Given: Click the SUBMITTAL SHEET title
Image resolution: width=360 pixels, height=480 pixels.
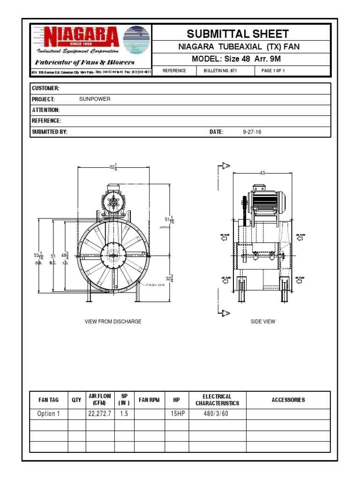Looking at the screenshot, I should [x=238, y=34].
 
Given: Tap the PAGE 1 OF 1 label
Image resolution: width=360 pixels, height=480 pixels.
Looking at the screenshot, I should [x=273, y=71].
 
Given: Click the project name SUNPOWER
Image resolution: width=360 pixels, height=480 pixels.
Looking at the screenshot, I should [x=95, y=99].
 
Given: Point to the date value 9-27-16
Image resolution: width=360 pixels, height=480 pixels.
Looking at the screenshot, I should [x=252, y=132].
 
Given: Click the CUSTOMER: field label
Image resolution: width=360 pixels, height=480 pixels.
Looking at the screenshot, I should [x=45, y=89].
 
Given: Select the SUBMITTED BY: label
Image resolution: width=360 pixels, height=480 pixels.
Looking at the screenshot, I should [x=50, y=132].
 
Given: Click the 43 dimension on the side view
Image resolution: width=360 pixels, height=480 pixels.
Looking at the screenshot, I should [x=262, y=173].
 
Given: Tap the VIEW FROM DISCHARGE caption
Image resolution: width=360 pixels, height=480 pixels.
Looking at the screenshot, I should [x=113, y=322].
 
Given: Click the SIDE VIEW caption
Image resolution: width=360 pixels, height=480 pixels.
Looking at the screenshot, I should [x=263, y=322].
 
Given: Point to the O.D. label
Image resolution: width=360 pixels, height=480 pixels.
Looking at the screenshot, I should [x=38, y=263].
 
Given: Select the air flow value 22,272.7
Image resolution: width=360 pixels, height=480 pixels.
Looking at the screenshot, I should [x=100, y=414].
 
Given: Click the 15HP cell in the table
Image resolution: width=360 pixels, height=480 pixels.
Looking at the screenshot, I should [x=176, y=414].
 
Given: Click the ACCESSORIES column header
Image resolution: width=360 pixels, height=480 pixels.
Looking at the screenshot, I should [x=288, y=400].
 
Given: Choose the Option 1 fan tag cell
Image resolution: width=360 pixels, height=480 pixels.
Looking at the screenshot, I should [x=49, y=414].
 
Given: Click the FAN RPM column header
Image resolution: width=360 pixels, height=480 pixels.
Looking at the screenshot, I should [x=149, y=400].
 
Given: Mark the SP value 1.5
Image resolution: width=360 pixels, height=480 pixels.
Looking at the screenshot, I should [x=124, y=414].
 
